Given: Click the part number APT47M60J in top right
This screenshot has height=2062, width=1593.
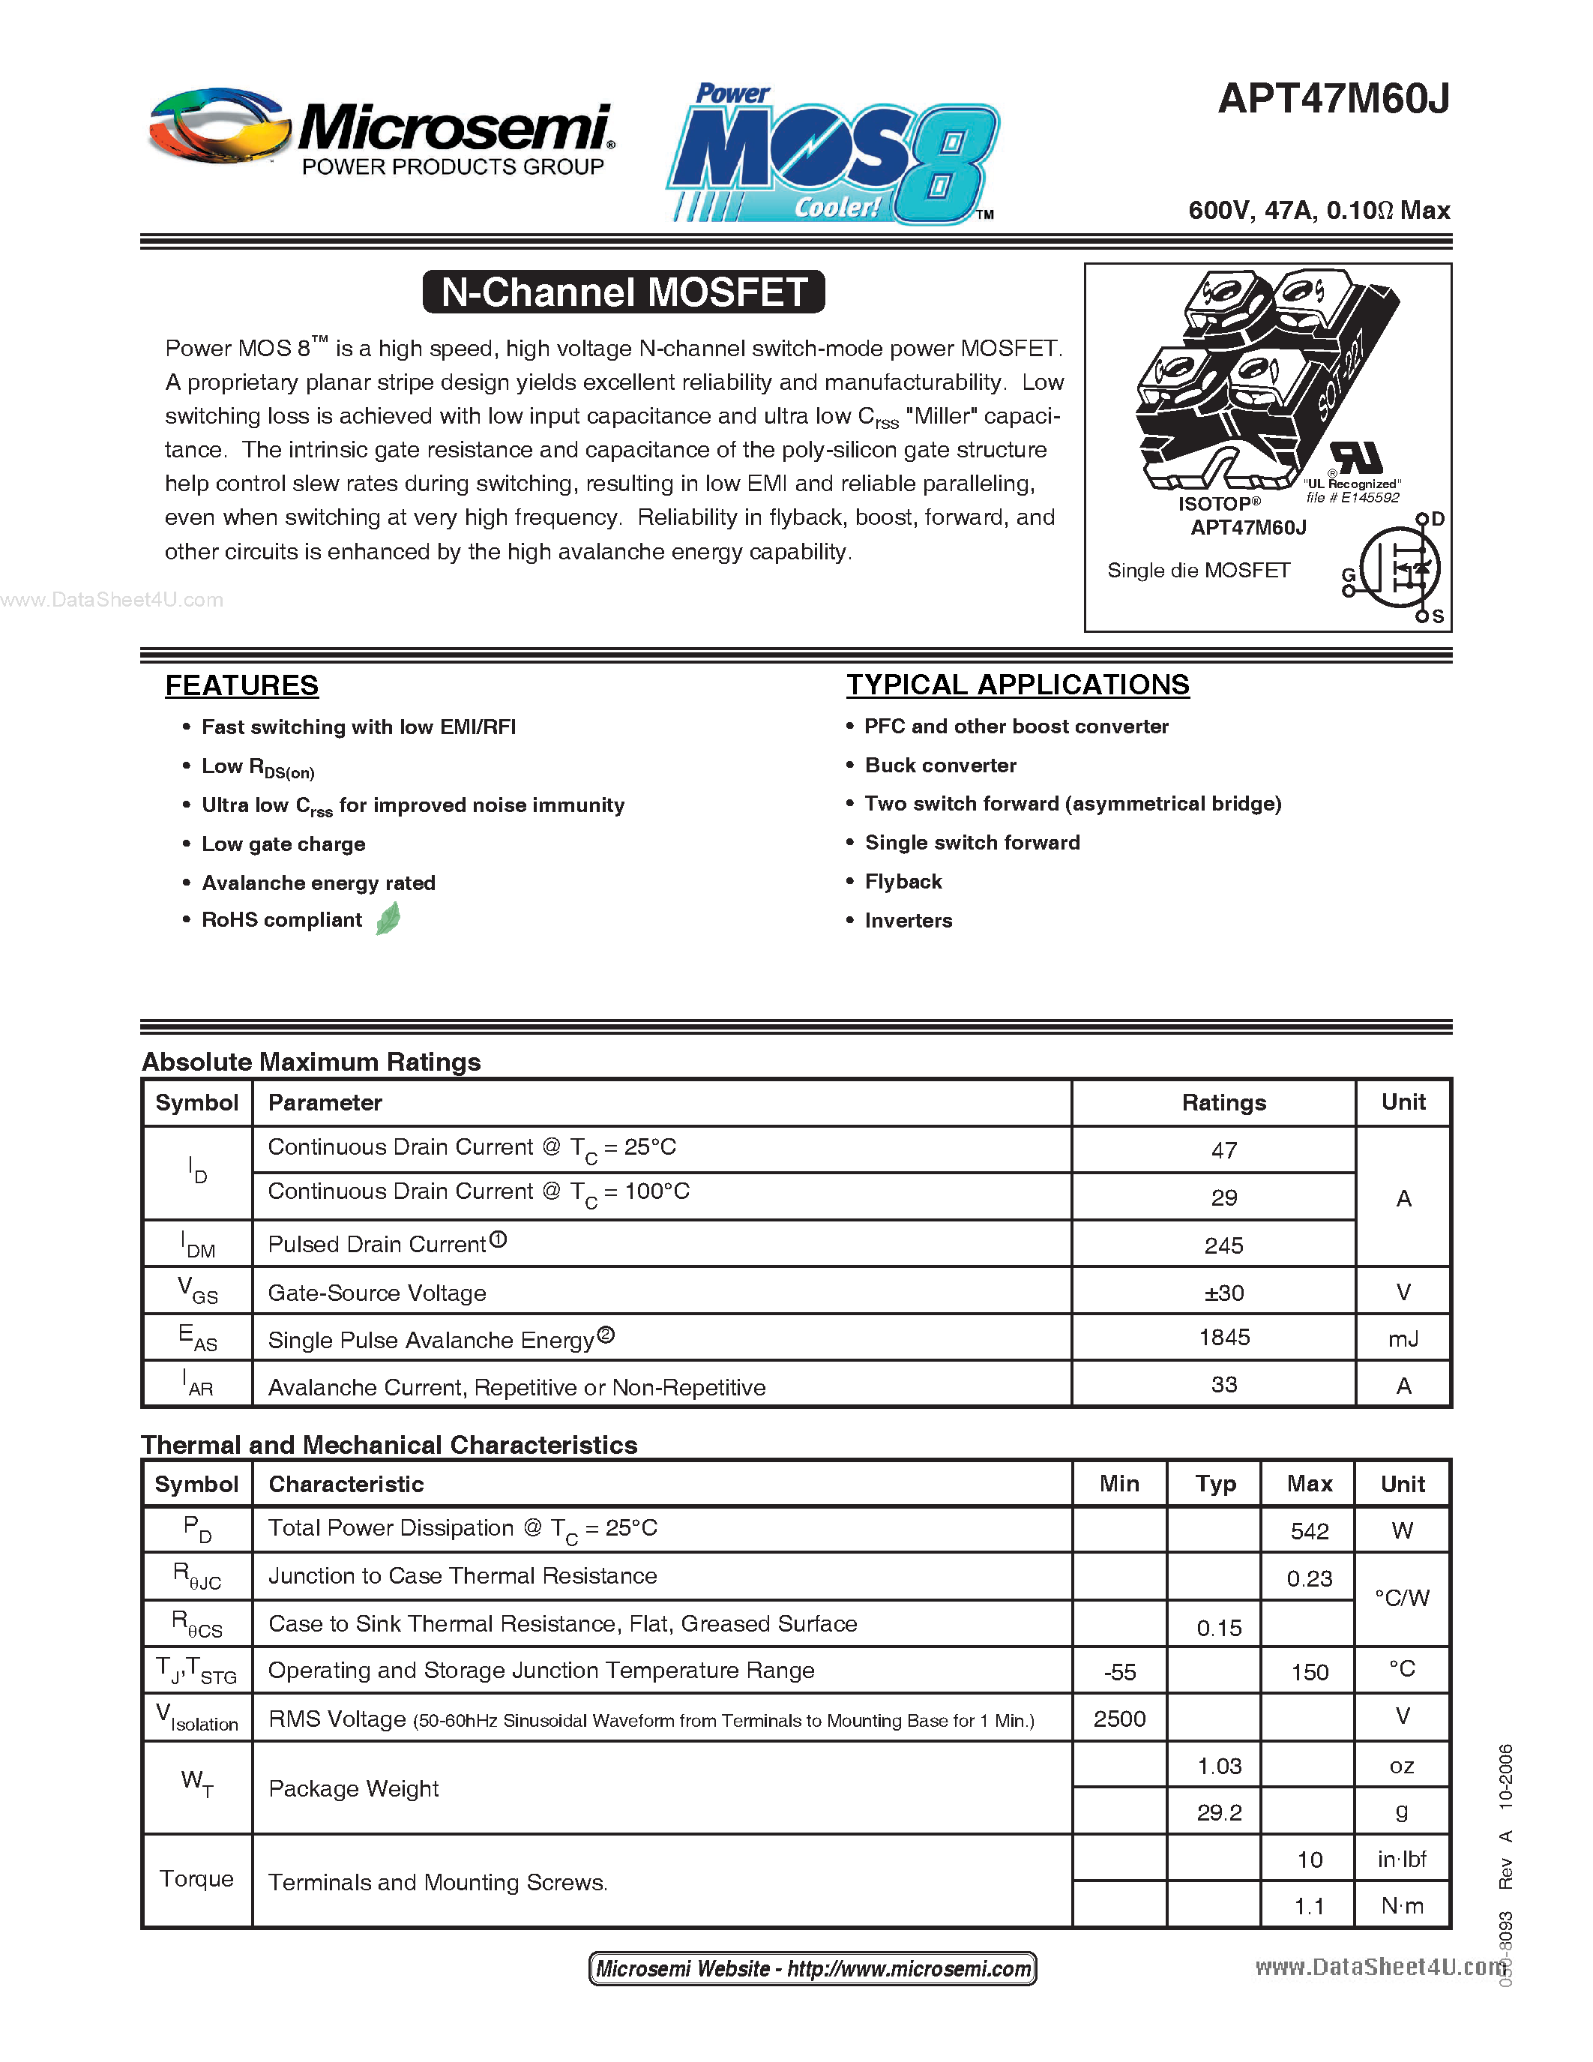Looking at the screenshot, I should pyautogui.click(x=1333, y=99).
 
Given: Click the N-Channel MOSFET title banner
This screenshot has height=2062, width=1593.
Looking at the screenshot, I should pyautogui.click(x=624, y=292).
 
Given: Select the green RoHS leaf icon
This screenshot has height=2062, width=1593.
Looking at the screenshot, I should pyautogui.click(x=388, y=919).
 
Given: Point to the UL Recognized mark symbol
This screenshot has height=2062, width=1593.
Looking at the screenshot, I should pyautogui.click(x=1356, y=459).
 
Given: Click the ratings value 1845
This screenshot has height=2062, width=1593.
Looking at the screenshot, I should pyautogui.click(x=1223, y=1337).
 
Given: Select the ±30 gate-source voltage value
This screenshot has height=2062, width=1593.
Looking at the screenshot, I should pyautogui.click(x=1223, y=1293).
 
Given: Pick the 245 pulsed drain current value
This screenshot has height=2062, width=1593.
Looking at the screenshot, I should pyautogui.click(x=1223, y=1245).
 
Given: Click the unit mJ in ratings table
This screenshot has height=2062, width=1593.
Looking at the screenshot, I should pyautogui.click(x=1403, y=1338).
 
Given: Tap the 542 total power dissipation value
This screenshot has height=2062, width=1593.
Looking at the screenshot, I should pyautogui.click(x=1309, y=1530).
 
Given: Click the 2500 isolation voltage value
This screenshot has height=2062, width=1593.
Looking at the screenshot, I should pyautogui.click(x=1119, y=1719).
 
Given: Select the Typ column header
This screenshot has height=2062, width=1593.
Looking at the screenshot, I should pyautogui.click(x=1214, y=1484).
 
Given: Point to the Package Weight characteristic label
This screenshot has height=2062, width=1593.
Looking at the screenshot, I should pyautogui.click(x=354, y=1788).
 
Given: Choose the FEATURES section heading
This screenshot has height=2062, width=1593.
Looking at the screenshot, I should pyautogui.click(x=241, y=685).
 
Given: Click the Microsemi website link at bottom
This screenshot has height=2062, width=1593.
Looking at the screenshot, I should pyautogui.click(x=813, y=1968).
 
